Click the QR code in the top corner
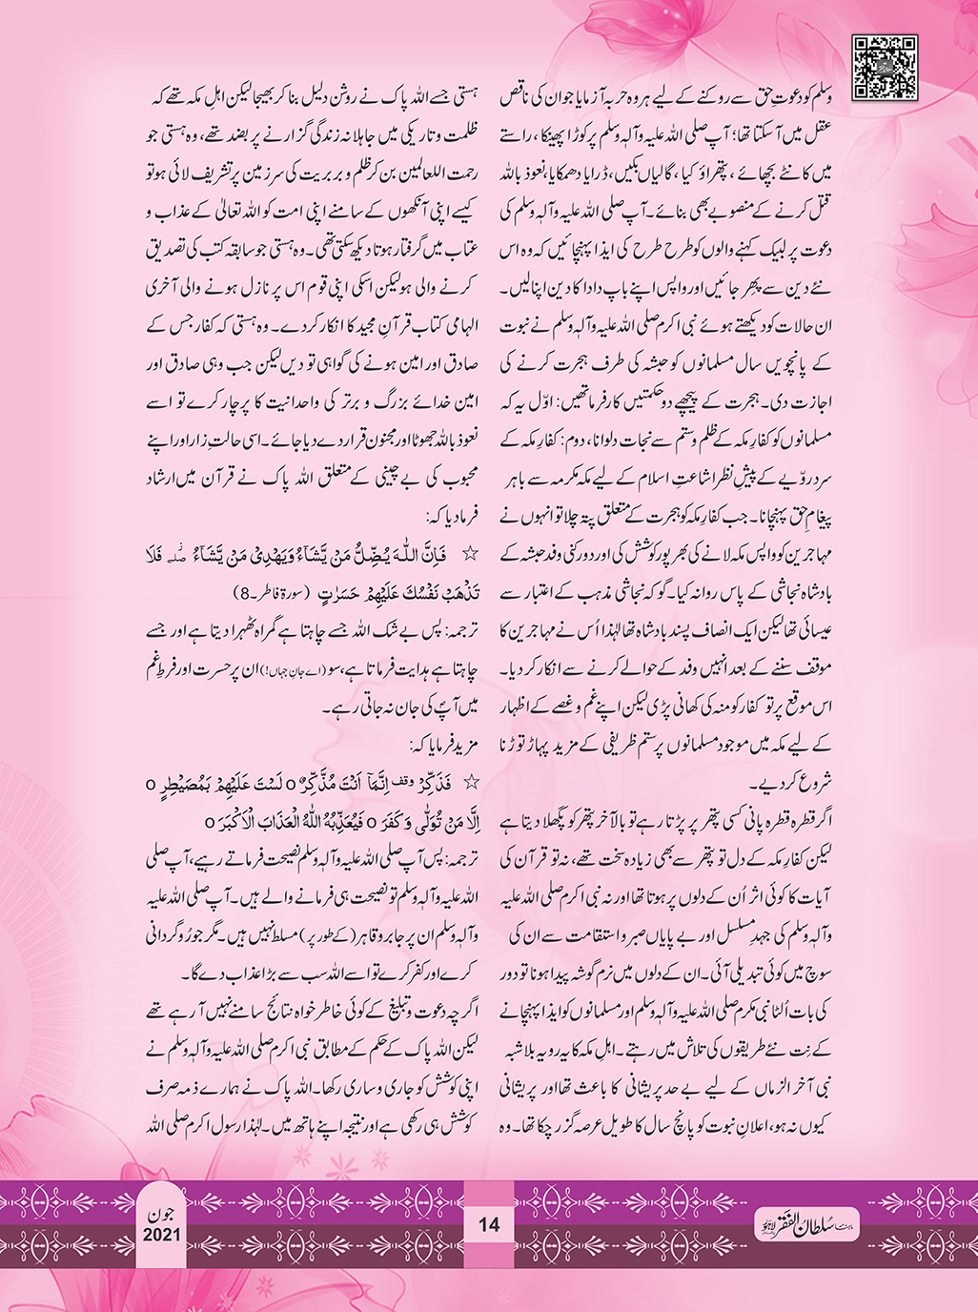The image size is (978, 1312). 885,66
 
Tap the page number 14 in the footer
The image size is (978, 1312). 488,1224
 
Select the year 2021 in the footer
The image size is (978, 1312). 162,1235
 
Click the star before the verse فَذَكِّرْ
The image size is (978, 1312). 468,782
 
